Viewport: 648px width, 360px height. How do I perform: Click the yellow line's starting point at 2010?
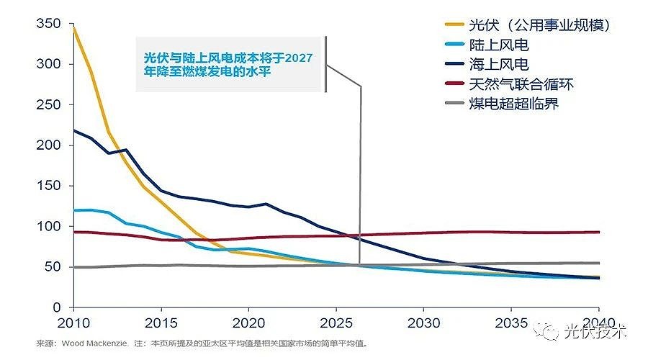tap(73, 29)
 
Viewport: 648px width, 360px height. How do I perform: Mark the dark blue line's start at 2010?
tap(73, 130)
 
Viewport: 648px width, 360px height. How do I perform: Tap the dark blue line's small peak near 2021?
tap(266, 204)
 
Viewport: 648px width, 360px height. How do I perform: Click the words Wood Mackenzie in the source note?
tap(91, 343)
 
